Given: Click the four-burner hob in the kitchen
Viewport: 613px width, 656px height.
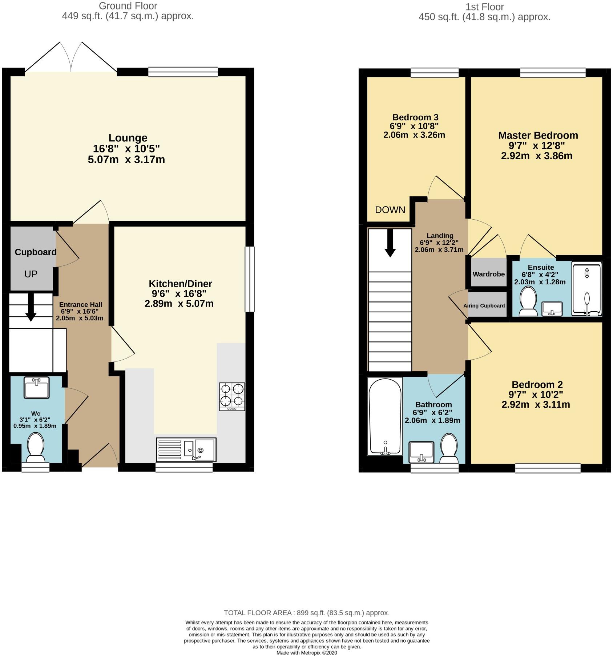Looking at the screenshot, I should pos(232,396).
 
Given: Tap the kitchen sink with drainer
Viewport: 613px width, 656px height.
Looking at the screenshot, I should pos(186,449).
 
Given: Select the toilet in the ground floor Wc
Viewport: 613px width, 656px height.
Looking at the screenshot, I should pos(36,447).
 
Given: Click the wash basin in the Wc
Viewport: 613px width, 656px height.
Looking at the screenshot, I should pos(36,388).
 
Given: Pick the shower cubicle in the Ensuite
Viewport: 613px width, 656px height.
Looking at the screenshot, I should pos(586,289).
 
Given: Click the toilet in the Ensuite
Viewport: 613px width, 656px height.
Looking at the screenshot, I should pos(528,301).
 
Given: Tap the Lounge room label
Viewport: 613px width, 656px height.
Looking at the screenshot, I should pos(128,138).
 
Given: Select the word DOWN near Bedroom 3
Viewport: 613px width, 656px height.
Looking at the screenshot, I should pos(390,210).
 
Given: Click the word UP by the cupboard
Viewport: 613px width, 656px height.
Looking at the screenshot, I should pos(31,274).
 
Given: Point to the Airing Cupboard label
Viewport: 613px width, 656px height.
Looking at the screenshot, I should pos(484,306).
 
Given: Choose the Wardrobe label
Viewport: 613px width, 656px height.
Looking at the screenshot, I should pos(489,274).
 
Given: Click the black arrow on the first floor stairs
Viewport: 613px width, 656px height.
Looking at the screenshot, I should pos(390,243).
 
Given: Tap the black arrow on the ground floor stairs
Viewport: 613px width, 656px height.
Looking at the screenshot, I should pos(31,307).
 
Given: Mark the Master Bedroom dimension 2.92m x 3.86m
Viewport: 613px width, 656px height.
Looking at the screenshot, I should pos(537,156).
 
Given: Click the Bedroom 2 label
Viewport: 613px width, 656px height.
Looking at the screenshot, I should pos(537,384).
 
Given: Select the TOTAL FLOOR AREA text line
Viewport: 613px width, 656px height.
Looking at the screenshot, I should pos(306,613).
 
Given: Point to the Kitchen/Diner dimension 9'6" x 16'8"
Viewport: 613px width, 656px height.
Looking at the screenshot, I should pos(179,294).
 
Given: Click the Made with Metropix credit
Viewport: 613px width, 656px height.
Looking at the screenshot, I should pos(307,653).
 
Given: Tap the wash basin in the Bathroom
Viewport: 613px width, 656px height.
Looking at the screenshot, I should pos(422,452).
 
